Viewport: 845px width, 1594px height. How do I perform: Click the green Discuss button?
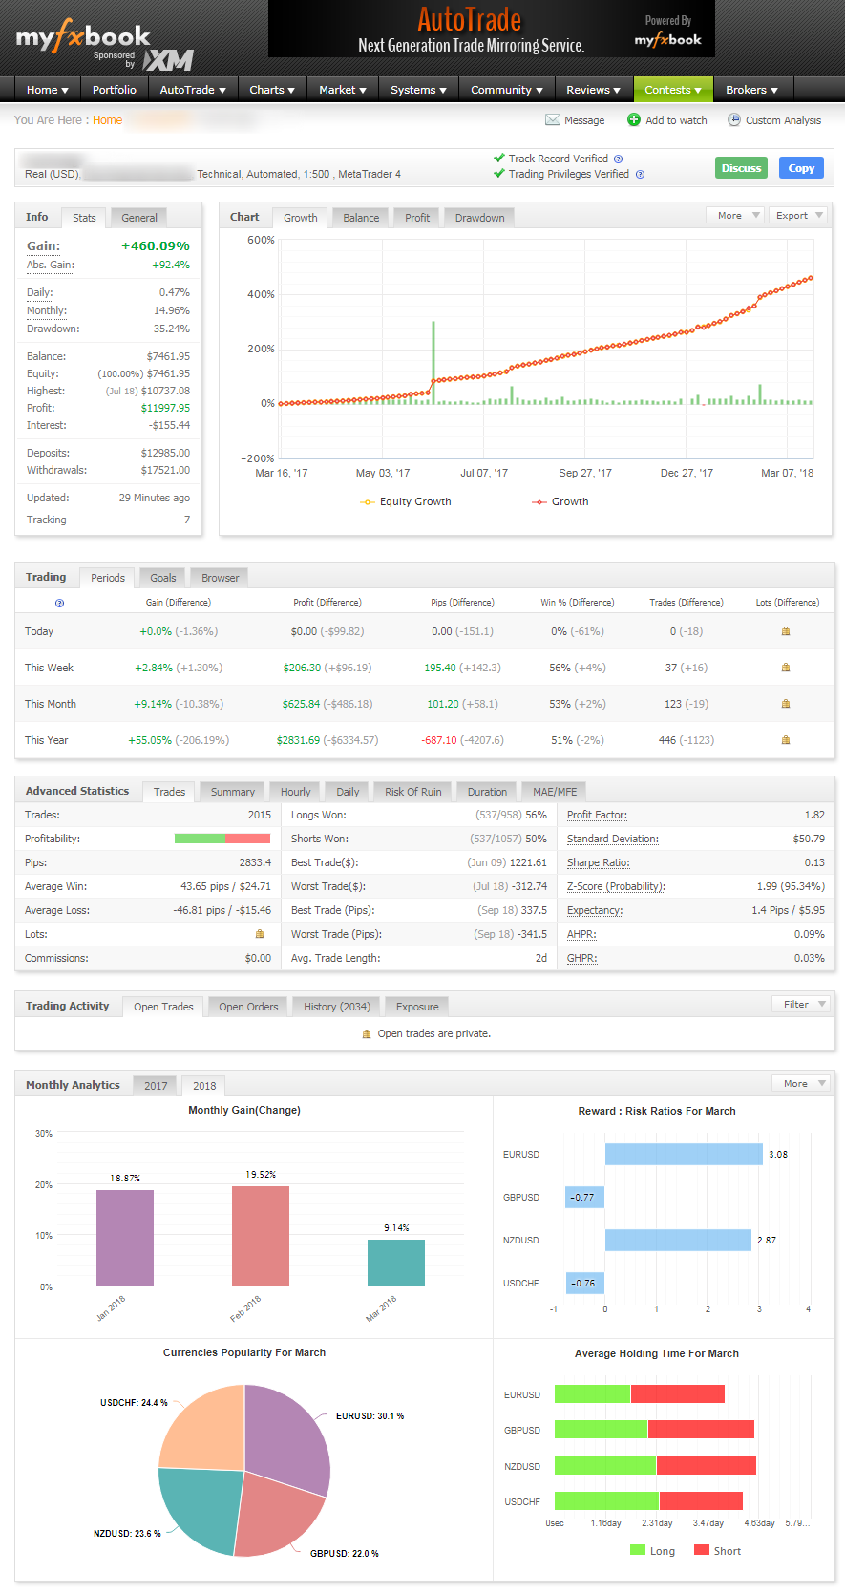(x=741, y=168)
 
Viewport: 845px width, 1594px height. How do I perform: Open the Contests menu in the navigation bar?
(x=672, y=90)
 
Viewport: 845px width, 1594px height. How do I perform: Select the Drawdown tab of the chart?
(x=479, y=218)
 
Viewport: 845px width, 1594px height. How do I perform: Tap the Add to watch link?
(x=667, y=120)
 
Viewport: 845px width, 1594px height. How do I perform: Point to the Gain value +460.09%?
(x=155, y=246)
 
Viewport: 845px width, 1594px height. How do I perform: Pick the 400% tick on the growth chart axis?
(x=261, y=294)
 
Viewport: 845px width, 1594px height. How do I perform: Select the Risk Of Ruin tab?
(x=412, y=792)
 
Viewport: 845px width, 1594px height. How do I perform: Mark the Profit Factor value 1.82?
(x=814, y=815)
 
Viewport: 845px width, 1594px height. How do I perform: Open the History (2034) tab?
(x=336, y=1007)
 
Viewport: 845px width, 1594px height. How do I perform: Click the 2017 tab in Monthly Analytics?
(x=156, y=1086)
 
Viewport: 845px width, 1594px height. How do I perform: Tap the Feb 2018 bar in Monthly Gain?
(x=261, y=1235)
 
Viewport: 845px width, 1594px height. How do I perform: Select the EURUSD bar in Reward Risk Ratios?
(x=684, y=1154)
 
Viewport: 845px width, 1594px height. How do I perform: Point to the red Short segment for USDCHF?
(x=701, y=1500)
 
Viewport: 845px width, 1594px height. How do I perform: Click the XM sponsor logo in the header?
(x=169, y=60)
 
